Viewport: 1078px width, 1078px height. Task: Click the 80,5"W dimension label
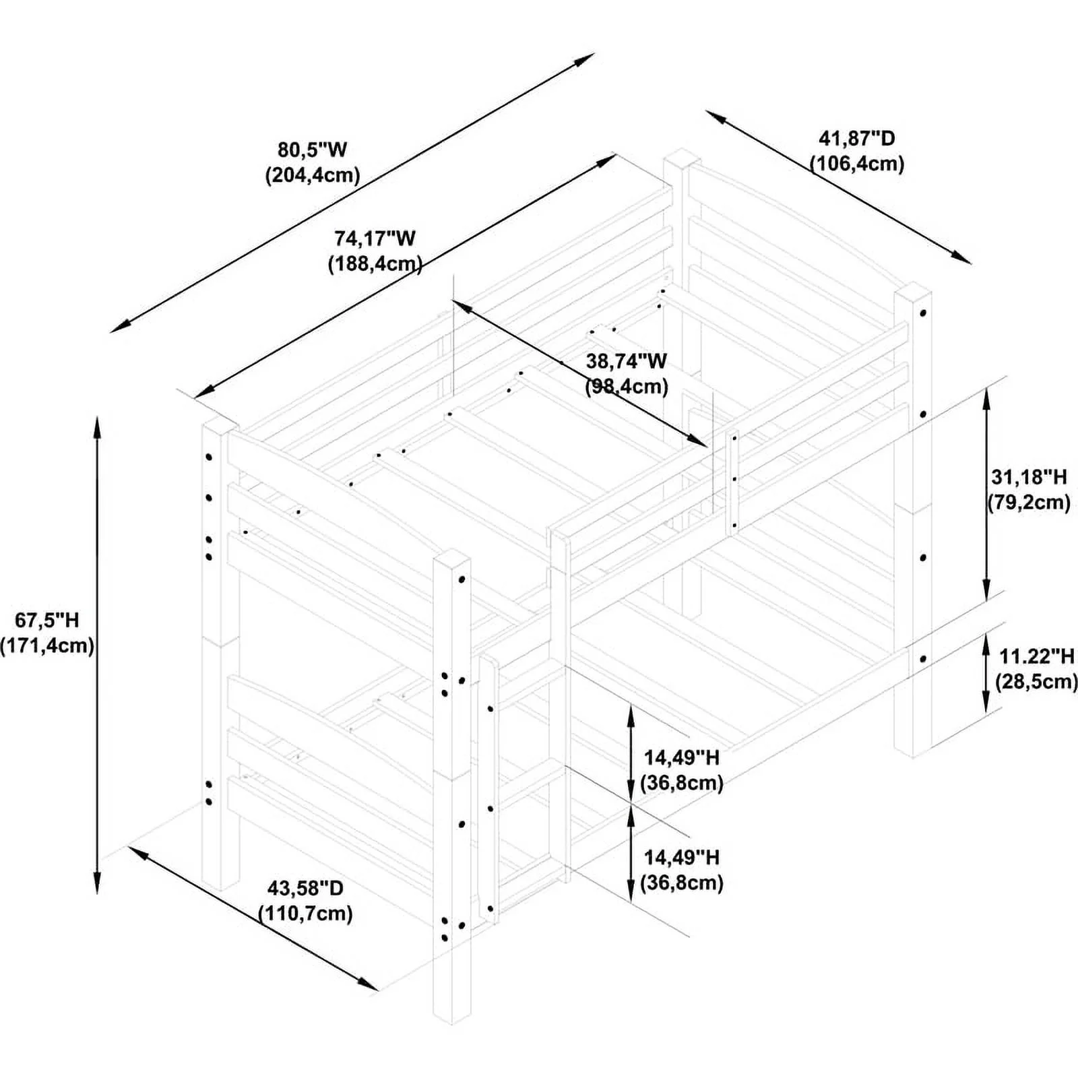click(312, 149)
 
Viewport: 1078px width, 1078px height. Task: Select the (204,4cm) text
click(312, 175)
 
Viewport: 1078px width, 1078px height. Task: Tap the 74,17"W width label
click(375, 239)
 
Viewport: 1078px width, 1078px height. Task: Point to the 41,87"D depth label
click(857, 139)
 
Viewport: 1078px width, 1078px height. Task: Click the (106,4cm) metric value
click(857, 164)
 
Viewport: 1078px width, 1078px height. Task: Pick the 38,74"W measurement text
click(627, 361)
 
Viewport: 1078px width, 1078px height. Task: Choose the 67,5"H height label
click(47, 620)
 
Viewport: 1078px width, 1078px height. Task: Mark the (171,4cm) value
click(47, 645)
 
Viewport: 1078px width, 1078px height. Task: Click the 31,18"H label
click(1029, 477)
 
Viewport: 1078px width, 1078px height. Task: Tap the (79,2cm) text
click(1029, 503)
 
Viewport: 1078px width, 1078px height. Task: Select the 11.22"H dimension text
click(1036, 656)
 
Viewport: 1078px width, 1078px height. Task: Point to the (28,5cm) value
click(1036, 681)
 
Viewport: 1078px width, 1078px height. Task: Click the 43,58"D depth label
click(305, 888)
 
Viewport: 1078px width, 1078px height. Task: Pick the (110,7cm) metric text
click(305, 914)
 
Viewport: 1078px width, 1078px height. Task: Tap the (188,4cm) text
click(375, 264)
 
